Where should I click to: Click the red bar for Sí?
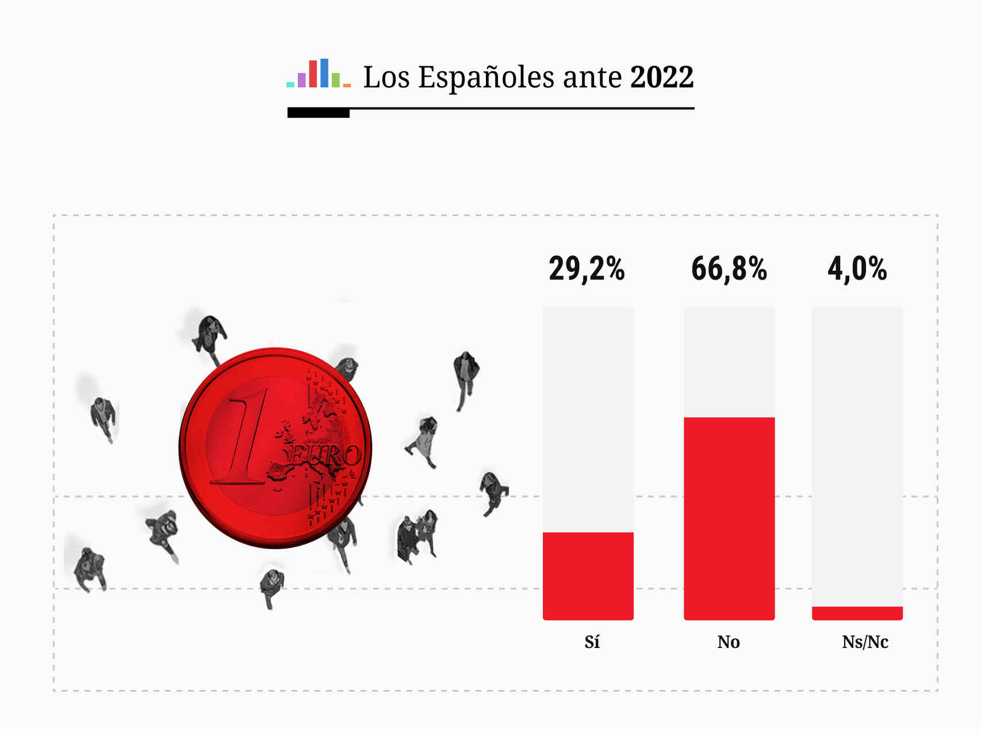coord(588,576)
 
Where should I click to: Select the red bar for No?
coord(729,518)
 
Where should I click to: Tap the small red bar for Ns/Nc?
coord(857,613)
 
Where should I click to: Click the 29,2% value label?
coord(587,269)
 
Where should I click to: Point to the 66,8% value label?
coord(729,269)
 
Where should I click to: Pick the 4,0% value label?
coord(857,269)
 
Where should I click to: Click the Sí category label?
coord(592,642)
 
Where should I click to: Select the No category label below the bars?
coord(729,642)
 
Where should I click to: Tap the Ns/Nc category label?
coord(865,642)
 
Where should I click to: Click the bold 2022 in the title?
coord(662,77)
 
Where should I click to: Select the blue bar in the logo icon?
coord(324,73)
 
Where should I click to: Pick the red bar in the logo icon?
coord(313,74)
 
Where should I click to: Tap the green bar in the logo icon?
coord(336,80)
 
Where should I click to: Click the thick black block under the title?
coord(318,113)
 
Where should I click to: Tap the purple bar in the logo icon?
coord(301,80)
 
